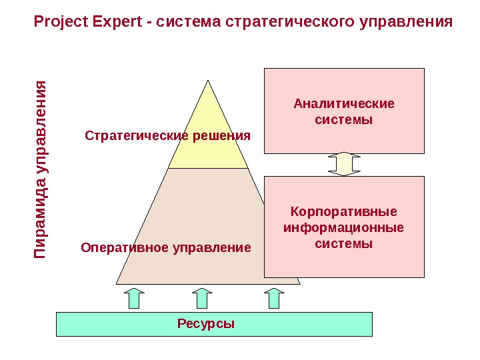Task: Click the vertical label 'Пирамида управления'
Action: coord(41,170)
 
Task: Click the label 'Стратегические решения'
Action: coord(168,136)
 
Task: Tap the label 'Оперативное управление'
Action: coord(166,248)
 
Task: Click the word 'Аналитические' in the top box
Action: coord(344,103)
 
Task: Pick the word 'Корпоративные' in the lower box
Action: coord(344,212)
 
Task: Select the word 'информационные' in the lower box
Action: coord(344,228)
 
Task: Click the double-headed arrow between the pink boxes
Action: coord(344,164)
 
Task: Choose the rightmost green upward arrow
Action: coord(273,298)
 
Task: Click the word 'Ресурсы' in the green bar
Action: coord(206,324)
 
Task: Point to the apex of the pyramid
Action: coord(208,82)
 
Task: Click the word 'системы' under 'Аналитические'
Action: coord(344,120)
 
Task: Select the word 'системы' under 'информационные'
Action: coord(344,244)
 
